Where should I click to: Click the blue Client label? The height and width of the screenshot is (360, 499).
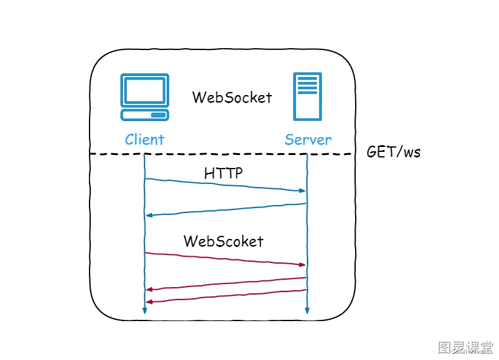click(x=145, y=140)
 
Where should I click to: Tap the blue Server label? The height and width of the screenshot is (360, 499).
click(x=308, y=140)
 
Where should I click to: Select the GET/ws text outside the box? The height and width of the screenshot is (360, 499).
click(x=393, y=151)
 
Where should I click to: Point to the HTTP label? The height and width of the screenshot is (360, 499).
click(x=223, y=173)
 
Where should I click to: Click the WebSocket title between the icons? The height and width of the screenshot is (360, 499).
click(x=232, y=97)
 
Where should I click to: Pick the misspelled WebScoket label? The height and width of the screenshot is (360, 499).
click(x=224, y=241)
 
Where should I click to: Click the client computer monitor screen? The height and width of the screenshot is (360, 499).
click(x=145, y=90)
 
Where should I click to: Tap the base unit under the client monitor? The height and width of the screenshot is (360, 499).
click(x=145, y=115)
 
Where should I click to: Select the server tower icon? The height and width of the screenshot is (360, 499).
click(x=308, y=96)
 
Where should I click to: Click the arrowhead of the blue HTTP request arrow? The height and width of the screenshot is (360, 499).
click(x=302, y=191)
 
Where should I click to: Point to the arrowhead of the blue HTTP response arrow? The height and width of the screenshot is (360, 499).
click(x=149, y=216)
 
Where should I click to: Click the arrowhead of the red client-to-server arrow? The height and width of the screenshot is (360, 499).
click(x=302, y=264)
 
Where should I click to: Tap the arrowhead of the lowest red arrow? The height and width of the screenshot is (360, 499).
click(x=149, y=301)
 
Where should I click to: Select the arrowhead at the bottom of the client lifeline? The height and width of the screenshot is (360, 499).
click(x=145, y=311)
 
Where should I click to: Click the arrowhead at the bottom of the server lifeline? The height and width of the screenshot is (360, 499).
click(x=307, y=311)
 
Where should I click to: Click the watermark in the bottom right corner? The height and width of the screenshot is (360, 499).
click(x=465, y=347)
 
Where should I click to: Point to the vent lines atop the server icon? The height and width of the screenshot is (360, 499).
click(x=308, y=85)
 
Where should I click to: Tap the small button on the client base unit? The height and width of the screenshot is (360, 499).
click(x=158, y=115)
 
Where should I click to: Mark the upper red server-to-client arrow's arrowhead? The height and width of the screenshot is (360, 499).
click(x=149, y=290)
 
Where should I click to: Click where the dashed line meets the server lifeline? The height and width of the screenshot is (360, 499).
click(x=307, y=154)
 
